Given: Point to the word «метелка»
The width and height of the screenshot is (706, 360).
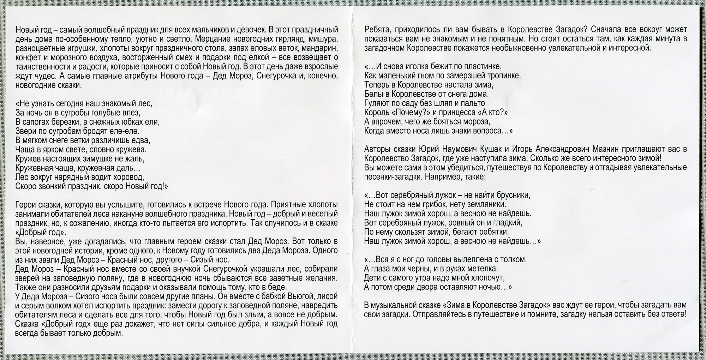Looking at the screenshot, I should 483,269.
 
